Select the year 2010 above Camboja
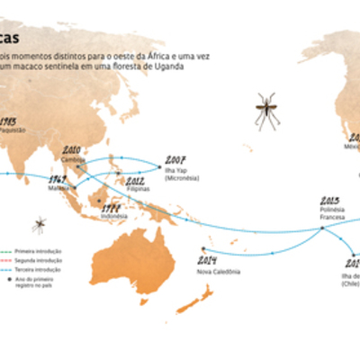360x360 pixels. click(x=72, y=148)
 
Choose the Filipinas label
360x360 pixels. click(x=136, y=190)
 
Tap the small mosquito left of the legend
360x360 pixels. click(x=39, y=222)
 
